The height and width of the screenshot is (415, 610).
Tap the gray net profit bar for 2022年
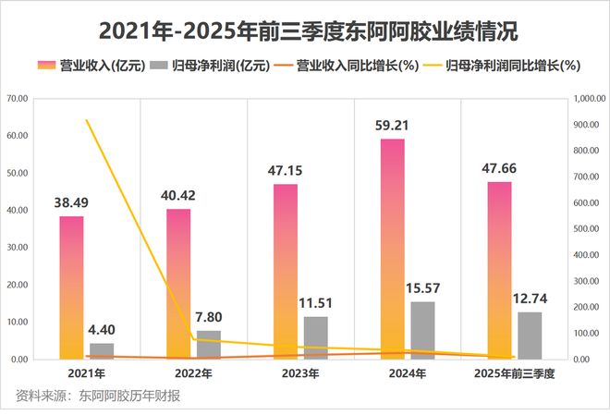pyautogui.click(x=209, y=344)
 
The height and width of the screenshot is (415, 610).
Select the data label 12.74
pyautogui.click(x=530, y=298)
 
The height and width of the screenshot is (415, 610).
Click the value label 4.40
pyautogui.click(x=102, y=329)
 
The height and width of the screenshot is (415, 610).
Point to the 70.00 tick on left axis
pyautogui.click(x=17, y=98)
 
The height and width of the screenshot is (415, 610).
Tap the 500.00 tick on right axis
pyautogui.click(x=588, y=228)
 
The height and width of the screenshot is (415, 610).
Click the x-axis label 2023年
pyautogui.click(x=299, y=373)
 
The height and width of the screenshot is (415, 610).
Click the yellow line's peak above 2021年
pyautogui.click(x=87, y=120)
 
